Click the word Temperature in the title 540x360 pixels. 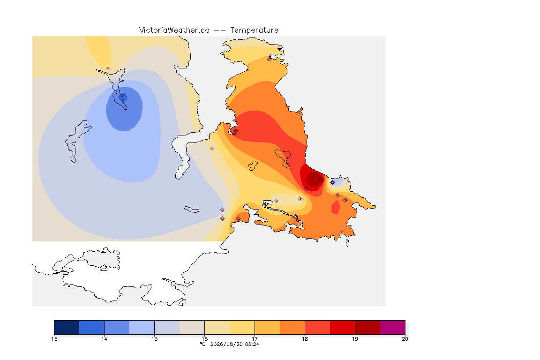[254, 30]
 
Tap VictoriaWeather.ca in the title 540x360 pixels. [174, 30]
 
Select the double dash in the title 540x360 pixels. [220, 30]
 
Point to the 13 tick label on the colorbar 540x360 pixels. [54, 339]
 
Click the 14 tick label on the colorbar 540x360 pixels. [105, 339]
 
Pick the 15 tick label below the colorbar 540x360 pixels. [154, 339]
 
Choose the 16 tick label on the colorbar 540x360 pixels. [204, 339]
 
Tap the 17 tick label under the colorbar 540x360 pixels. [255, 339]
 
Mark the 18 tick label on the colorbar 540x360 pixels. [305, 339]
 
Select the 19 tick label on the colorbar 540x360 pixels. [355, 339]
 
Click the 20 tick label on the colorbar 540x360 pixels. [405, 339]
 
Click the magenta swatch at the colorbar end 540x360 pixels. [393, 327]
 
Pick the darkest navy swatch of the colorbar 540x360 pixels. [67, 327]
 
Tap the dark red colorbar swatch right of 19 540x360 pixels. [367, 327]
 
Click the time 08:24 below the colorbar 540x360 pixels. [252, 344]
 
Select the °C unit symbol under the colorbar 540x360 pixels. [203, 344]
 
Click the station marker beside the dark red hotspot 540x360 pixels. [321, 180]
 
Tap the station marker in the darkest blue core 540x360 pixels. [122, 95]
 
